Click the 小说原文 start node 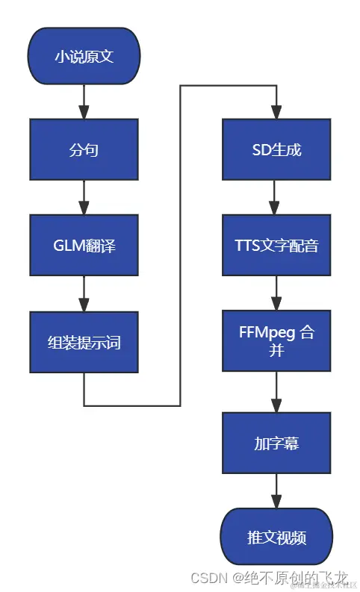84,56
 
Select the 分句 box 84,150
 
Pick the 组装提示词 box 84,343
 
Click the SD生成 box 276,150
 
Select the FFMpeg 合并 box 276,341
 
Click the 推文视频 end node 276,538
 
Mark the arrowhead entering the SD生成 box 276,112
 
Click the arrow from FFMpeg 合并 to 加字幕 276,392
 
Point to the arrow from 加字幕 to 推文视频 276,490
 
